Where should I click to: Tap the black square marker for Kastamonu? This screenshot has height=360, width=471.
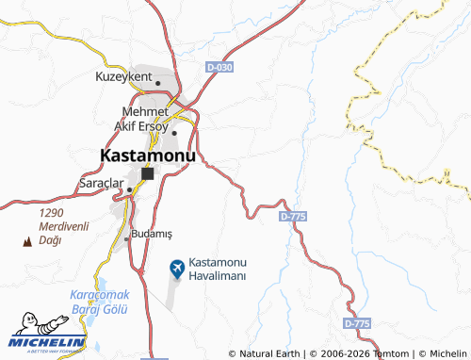[148, 173]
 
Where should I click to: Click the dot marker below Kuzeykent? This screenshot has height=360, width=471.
[158, 83]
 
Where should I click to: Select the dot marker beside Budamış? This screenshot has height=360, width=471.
[127, 238]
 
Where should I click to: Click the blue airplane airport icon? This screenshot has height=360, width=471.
[176, 269]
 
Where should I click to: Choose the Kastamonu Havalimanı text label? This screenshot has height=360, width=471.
[218, 268]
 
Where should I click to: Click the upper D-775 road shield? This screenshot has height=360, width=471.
[293, 216]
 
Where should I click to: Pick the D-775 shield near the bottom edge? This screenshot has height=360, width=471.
[357, 323]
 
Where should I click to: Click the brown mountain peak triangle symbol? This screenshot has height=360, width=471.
[26, 242]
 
